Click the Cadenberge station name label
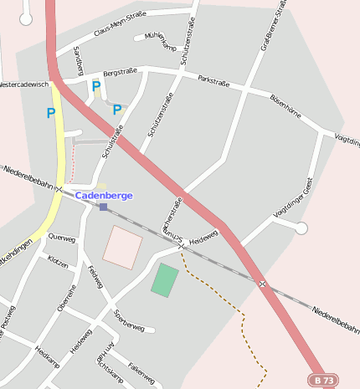104,195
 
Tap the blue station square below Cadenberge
103,206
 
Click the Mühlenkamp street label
161,41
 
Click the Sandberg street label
79,59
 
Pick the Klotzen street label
59,262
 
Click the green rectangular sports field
165,279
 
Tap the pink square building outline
122,247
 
